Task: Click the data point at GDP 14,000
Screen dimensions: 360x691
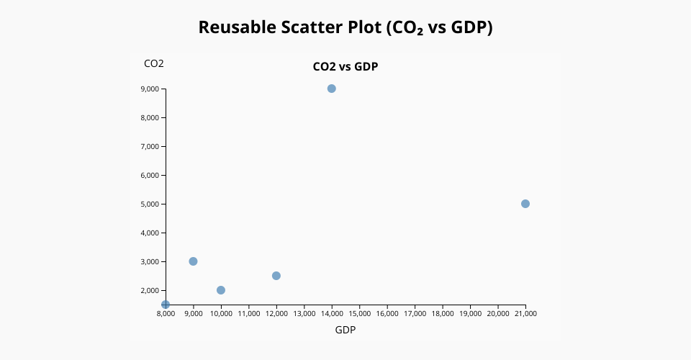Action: tap(332, 89)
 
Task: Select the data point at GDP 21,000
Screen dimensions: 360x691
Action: tap(525, 204)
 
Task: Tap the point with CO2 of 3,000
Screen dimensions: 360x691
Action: tap(193, 261)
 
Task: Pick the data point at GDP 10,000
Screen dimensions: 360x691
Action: tap(221, 290)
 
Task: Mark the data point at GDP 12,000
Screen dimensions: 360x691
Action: tap(276, 276)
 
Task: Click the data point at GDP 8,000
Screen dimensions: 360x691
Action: tap(166, 305)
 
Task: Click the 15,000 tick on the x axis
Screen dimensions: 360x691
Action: tap(359, 314)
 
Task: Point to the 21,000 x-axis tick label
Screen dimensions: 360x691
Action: tap(525, 314)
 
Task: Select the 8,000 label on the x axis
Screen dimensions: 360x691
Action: tap(166, 314)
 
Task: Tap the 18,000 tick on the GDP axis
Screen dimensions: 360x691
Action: tap(443, 314)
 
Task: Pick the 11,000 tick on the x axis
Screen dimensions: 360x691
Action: tap(248, 314)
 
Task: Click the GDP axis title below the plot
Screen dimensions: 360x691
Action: tap(345, 330)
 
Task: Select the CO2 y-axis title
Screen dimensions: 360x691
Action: tap(154, 63)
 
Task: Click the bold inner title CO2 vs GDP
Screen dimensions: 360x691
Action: tap(345, 67)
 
